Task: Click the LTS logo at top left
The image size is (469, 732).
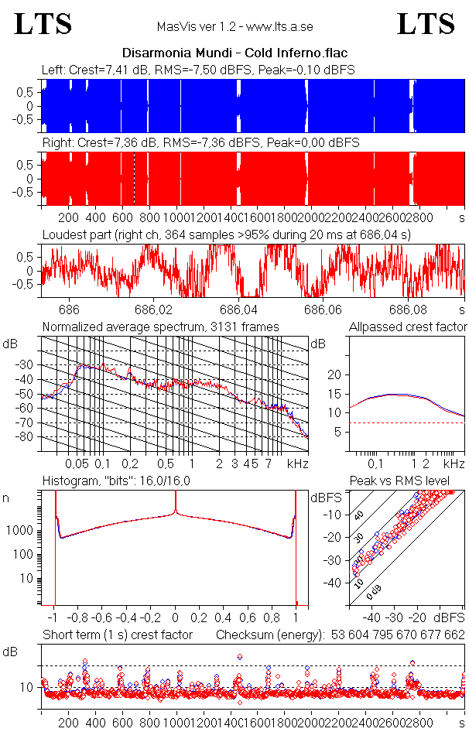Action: pyautogui.click(x=43, y=24)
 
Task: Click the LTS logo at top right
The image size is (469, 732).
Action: pyautogui.click(x=426, y=24)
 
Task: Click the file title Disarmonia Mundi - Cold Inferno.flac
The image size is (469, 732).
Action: pyautogui.click(x=234, y=53)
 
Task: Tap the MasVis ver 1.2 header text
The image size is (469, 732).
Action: pyautogui.click(x=234, y=26)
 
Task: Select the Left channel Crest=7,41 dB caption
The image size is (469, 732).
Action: pyautogui.click(x=198, y=70)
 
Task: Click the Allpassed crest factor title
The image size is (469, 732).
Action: pyautogui.click(x=408, y=327)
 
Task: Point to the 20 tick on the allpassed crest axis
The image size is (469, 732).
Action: pyautogui.click(x=335, y=375)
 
